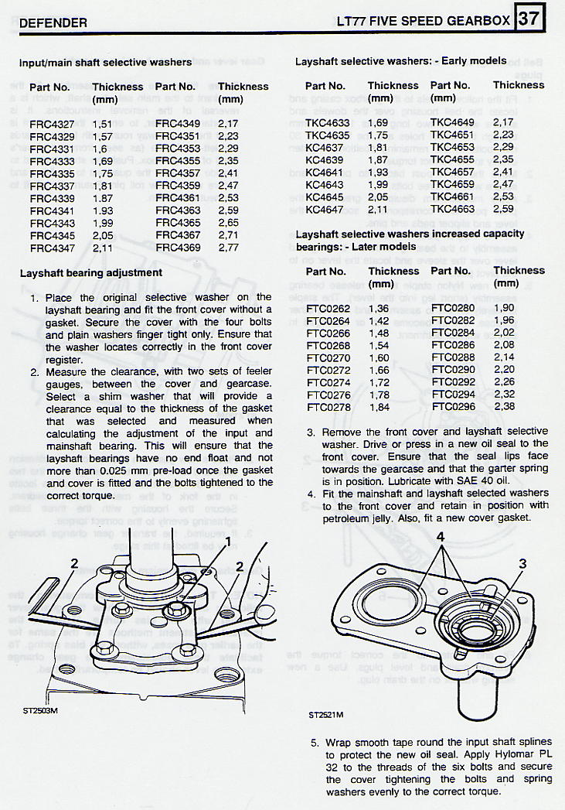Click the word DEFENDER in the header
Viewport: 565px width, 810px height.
pyautogui.click(x=53, y=23)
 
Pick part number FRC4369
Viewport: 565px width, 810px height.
pyautogui.click(x=177, y=247)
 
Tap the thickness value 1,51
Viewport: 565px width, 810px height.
pyautogui.click(x=103, y=123)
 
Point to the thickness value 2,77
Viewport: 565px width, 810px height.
pyautogui.click(x=229, y=247)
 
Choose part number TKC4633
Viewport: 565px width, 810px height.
pyautogui.click(x=327, y=122)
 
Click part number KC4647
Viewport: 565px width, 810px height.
pyautogui.click(x=325, y=209)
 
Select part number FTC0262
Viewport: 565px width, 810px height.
pyautogui.click(x=328, y=308)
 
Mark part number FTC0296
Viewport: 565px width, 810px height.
pyautogui.click(x=453, y=406)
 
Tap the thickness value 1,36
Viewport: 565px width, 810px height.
pyautogui.click(x=380, y=308)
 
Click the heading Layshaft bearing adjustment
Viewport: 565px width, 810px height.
pyautogui.click(x=90, y=272)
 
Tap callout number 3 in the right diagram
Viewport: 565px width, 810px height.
pyautogui.click(x=522, y=564)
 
